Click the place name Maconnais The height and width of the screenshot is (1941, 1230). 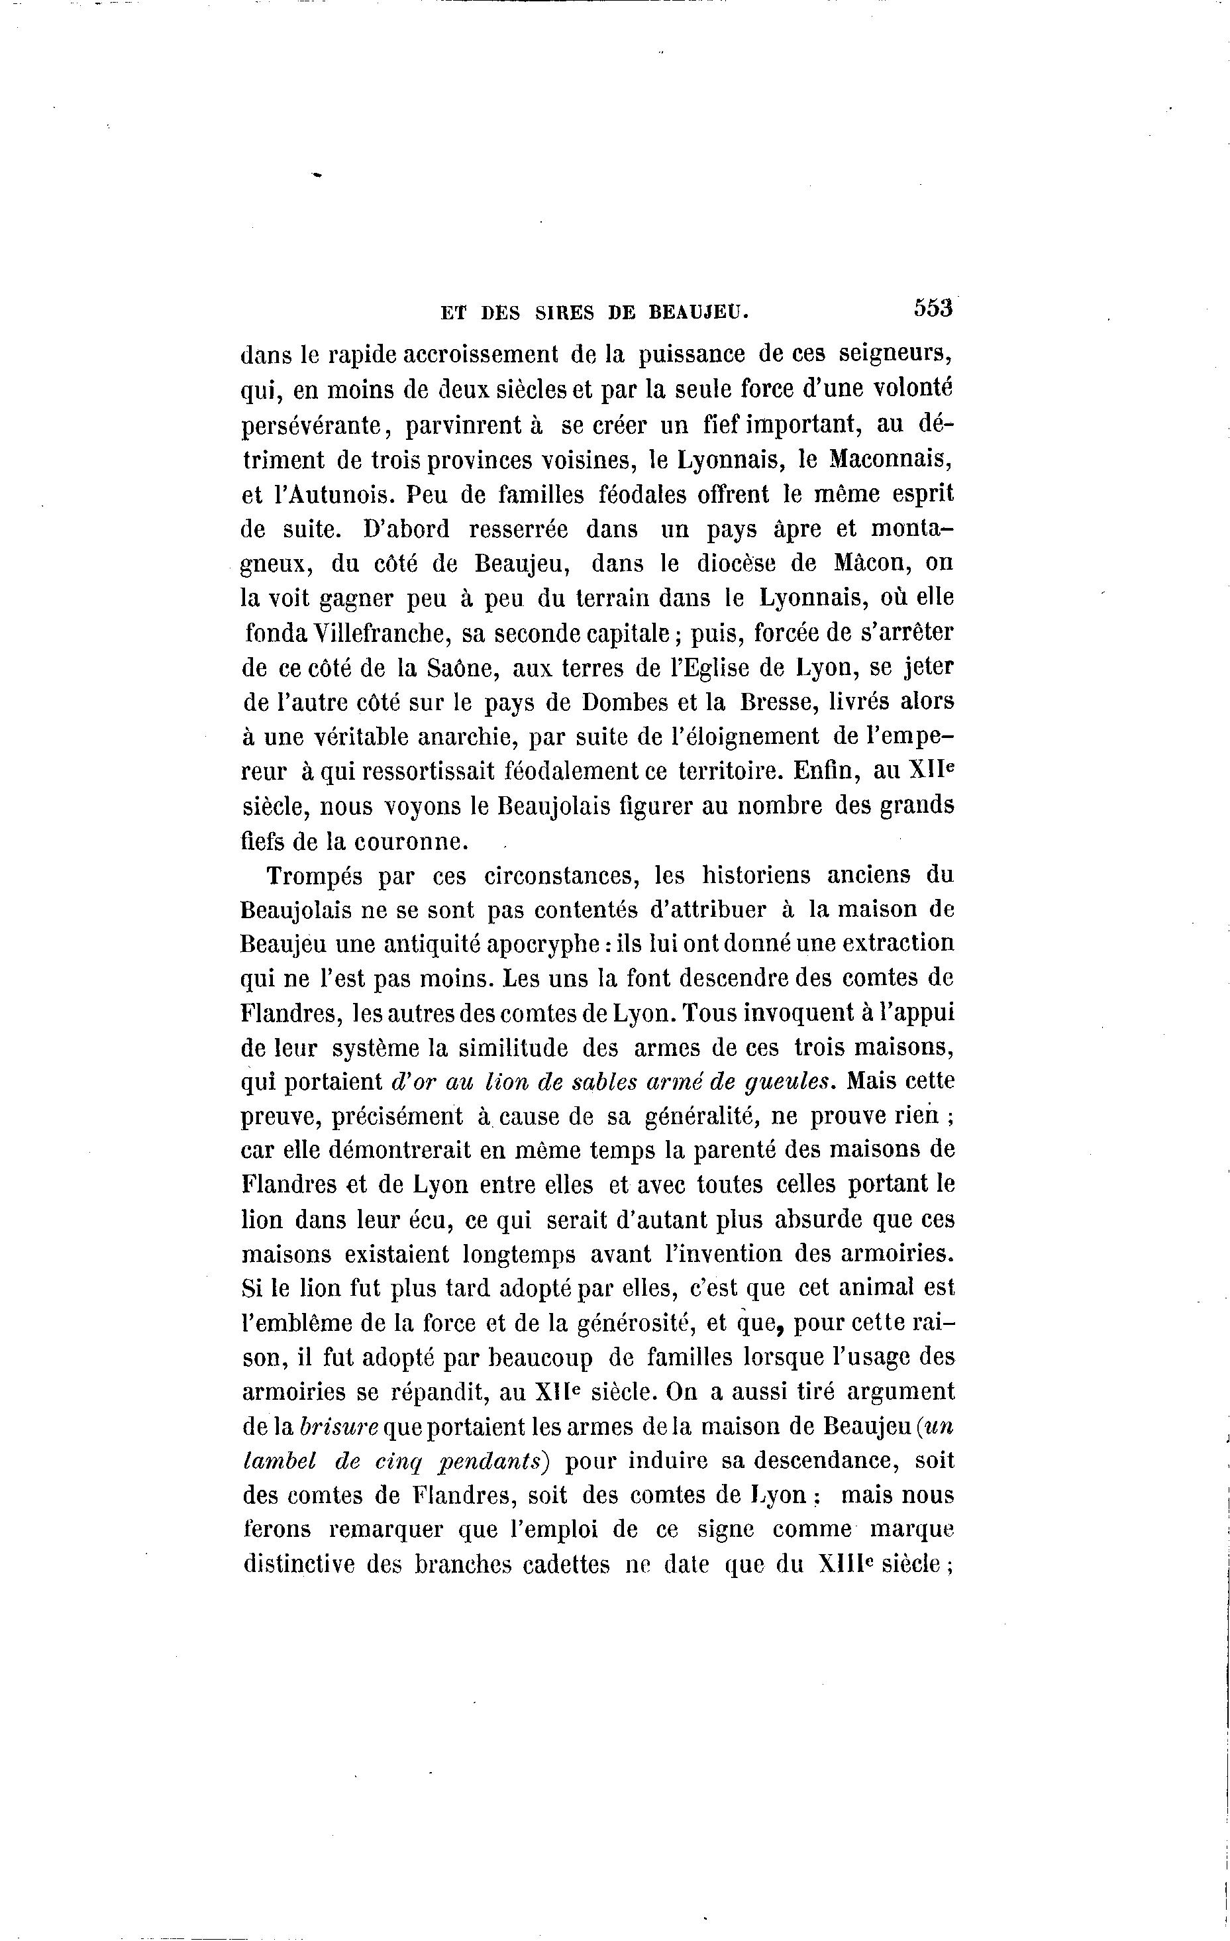click(x=892, y=460)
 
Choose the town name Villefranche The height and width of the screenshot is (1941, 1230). click(x=367, y=633)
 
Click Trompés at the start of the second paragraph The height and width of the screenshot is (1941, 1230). click(x=313, y=875)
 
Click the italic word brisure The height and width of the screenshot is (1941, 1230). click(x=338, y=1428)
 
